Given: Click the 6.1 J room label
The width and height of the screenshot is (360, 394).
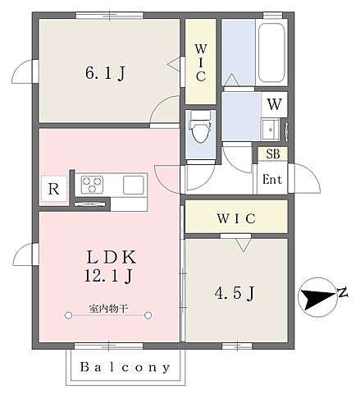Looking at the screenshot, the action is (105, 73).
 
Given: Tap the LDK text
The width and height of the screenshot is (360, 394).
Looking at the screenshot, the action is (112, 257).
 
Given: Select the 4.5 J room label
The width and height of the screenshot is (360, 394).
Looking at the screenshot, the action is (235, 294).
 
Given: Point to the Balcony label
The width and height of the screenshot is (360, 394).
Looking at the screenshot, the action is (125, 368).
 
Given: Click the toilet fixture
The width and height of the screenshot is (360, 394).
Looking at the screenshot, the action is (201, 126).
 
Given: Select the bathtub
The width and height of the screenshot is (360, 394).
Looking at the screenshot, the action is (271, 53).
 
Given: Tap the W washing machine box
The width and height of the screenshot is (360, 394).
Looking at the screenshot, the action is (274, 104).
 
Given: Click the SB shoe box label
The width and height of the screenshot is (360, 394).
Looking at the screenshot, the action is (273, 154).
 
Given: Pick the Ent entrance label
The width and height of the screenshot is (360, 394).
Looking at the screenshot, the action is (272, 180).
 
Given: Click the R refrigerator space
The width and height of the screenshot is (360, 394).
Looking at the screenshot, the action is (54, 189).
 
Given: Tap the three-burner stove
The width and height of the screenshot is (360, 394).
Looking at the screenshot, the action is (93, 185).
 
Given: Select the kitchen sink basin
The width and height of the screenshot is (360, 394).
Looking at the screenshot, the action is (134, 186).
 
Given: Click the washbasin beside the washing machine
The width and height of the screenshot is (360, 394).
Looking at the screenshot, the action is (270, 130).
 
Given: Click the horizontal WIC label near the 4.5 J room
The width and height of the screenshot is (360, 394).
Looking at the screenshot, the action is (236, 218).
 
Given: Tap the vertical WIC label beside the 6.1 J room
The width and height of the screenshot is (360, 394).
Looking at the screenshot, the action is (201, 62).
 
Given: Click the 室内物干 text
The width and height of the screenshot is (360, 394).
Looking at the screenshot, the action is (108, 309).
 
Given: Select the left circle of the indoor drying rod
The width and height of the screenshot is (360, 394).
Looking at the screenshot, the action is (68, 315).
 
